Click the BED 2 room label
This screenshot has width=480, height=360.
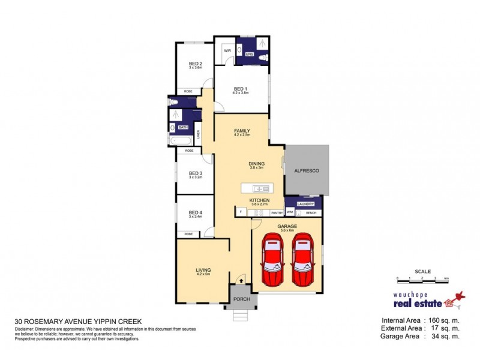point(196,64)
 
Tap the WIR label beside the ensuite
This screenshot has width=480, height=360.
point(227,50)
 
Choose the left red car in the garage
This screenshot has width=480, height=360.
point(273,259)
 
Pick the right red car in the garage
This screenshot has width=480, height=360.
point(302,259)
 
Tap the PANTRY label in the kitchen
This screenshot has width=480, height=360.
point(277,213)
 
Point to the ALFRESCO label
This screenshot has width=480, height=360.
point(307,171)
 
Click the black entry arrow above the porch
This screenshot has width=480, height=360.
point(241,280)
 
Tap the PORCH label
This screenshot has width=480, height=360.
point(241,299)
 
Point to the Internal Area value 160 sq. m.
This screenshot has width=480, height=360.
point(439,320)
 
